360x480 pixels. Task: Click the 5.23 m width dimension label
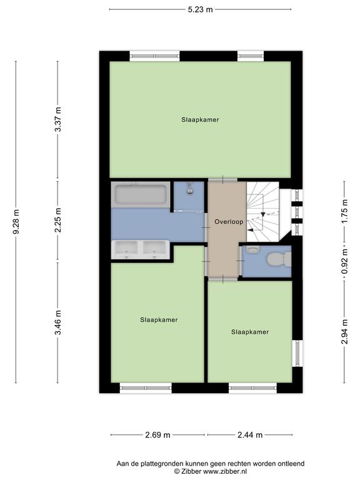[200, 9]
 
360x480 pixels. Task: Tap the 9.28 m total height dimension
[16, 222]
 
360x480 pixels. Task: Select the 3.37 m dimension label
[57, 119]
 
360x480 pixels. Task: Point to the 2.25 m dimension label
[57, 220]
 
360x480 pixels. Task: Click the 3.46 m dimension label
[57, 322]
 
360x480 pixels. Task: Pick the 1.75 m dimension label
[345, 211]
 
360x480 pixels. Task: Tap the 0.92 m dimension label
[345, 262]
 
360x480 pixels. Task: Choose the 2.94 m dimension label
[345, 331]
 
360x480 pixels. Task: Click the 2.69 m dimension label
[157, 435]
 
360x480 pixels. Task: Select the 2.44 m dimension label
[250, 435]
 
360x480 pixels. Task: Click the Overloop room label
[229, 222]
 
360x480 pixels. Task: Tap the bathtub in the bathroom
[141, 195]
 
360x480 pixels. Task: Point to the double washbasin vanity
[140, 249]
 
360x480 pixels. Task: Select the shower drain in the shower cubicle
[190, 191]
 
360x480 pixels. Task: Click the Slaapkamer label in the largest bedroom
[200, 120]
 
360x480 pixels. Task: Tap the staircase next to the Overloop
[263, 211]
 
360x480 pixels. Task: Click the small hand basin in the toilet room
[253, 250]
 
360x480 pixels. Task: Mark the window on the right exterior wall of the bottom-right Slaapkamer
[297, 353]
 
